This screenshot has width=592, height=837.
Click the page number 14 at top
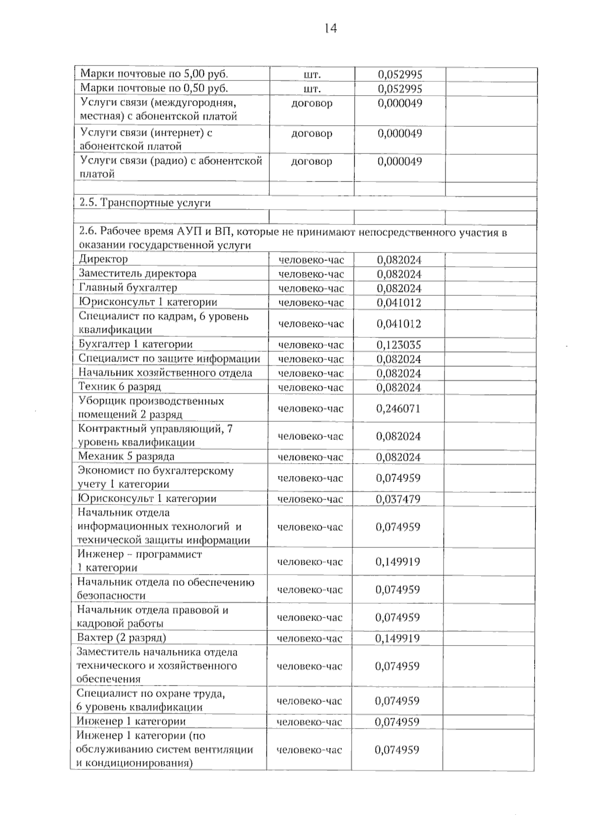(331, 29)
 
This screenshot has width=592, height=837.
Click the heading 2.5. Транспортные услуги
(145, 203)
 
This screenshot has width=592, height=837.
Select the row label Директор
(103, 259)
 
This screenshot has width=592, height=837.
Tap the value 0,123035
(399, 345)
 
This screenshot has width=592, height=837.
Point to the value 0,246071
(399, 408)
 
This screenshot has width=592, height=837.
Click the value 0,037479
(398, 499)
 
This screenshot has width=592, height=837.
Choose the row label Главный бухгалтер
(128, 288)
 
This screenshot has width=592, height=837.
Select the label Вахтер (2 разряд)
(121, 638)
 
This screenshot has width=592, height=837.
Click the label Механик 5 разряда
(126, 456)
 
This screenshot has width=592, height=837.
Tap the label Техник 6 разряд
(120, 387)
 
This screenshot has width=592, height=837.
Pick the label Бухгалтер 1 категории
(135, 344)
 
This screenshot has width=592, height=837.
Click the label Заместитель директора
(137, 273)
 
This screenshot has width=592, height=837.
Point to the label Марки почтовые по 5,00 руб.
(154, 74)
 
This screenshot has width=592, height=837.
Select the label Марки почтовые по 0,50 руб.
(154, 88)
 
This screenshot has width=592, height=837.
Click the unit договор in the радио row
(311, 161)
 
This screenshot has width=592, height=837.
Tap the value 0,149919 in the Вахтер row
(398, 638)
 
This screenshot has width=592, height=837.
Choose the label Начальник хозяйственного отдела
(165, 372)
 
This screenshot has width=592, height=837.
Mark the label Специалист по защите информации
(169, 359)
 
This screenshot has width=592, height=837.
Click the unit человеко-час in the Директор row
(311, 260)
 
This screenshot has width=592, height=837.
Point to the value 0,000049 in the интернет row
(400, 133)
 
